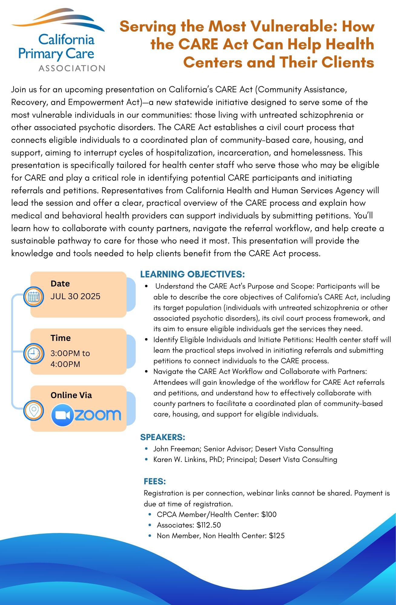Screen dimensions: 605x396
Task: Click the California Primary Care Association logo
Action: [x=58, y=40]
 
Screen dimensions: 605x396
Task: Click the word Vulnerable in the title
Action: [x=297, y=26]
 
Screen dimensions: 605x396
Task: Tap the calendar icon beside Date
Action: [x=34, y=296]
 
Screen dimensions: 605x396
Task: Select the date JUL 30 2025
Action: [x=75, y=296]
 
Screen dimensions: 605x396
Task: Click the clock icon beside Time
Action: [x=34, y=353]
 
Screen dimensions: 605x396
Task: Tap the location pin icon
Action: [x=34, y=410]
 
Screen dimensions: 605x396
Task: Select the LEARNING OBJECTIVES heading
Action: [x=192, y=274]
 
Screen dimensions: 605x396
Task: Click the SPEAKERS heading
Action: [x=163, y=437]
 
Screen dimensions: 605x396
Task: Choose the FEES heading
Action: [x=155, y=481]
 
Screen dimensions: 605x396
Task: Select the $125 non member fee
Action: [x=277, y=536]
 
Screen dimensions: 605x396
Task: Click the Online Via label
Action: [x=71, y=395]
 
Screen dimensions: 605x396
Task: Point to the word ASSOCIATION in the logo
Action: [x=72, y=68]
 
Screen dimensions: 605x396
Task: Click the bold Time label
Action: [x=61, y=338]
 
